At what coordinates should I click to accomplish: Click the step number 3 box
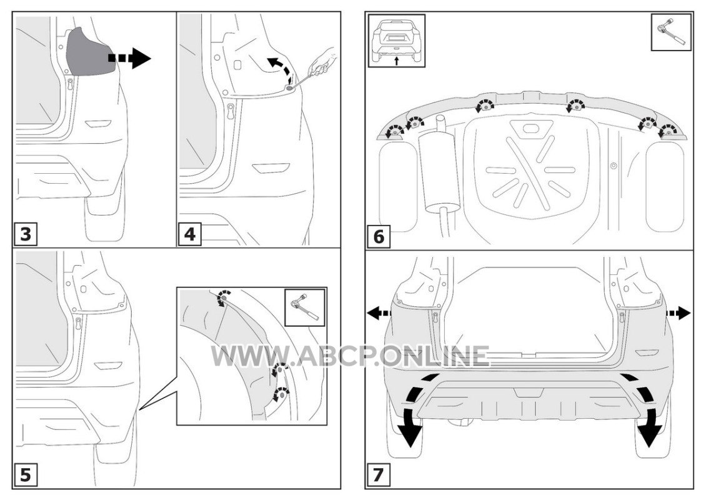(x=26, y=234)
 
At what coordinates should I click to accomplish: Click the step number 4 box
(x=189, y=234)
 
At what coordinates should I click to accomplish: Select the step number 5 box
(x=26, y=475)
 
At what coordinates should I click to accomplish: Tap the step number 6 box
(x=379, y=236)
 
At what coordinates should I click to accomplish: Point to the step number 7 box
(x=379, y=475)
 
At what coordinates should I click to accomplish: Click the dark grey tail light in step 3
(x=89, y=52)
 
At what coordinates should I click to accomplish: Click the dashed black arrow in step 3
(x=129, y=58)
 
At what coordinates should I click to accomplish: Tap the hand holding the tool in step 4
(x=322, y=61)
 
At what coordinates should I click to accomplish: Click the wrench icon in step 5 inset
(x=305, y=307)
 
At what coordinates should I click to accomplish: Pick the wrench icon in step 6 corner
(x=672, y=32)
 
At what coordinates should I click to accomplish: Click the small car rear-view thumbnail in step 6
(x=396, y=41)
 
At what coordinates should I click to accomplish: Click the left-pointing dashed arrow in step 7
(x=379, y=312)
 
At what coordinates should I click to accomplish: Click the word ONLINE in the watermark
(x=434, y=356)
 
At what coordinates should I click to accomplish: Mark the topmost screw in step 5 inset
(x=222, y=297)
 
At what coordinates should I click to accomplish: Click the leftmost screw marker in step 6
(x=395, y=131)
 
